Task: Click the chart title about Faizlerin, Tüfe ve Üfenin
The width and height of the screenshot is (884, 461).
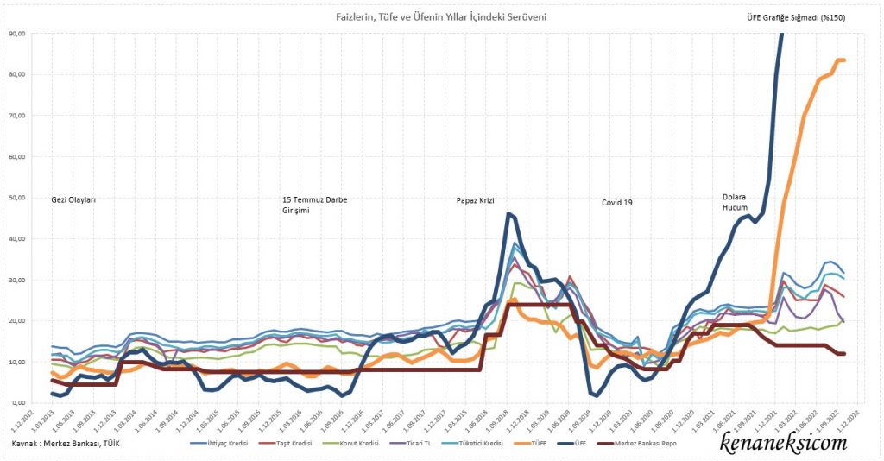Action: coord(440,17)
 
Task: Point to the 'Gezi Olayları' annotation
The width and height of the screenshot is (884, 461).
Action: coord(73,199)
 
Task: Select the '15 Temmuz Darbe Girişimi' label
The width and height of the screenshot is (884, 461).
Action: coord(314,205)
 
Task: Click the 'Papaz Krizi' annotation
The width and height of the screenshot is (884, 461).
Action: coord(475,201)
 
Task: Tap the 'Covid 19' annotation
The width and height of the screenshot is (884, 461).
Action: coord(616,203)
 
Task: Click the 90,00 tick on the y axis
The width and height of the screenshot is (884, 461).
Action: coord(17,34)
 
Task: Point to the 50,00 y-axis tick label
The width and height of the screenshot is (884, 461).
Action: coord(17,198)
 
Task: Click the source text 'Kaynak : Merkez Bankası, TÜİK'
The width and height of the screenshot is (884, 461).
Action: coord(66,444)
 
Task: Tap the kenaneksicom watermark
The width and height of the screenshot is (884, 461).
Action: coord(783,443)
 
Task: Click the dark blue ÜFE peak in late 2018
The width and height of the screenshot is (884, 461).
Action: coord(509,213)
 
